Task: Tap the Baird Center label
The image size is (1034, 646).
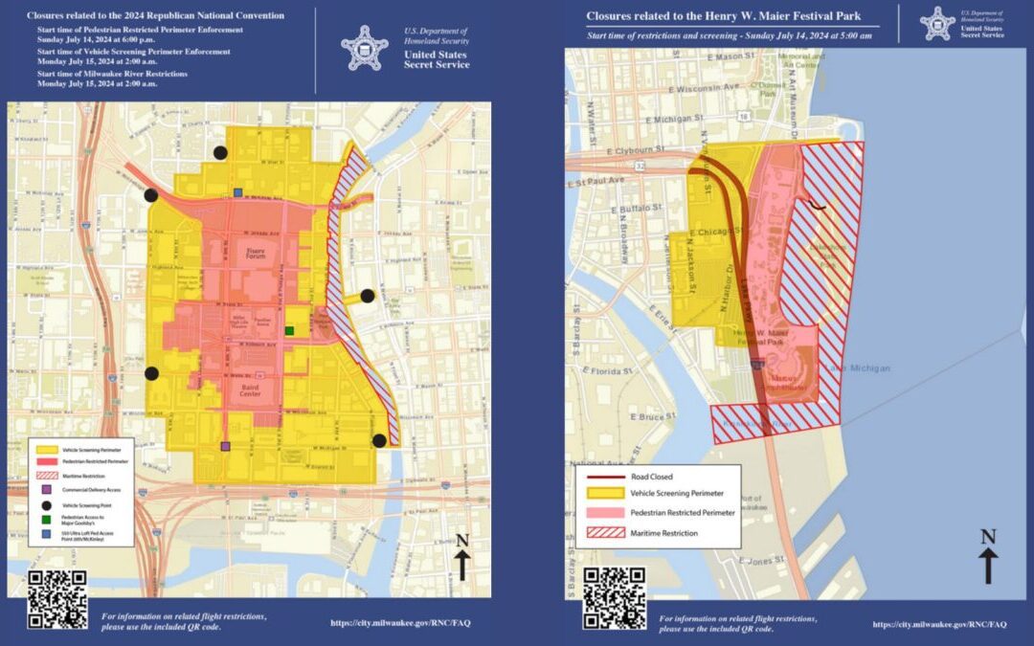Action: [x=250, y=390]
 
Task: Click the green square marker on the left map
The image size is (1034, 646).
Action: [x=289, y=331]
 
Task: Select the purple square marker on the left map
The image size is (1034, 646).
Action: [x=226, y=446]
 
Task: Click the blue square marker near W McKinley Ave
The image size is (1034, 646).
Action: [x=237, y=192]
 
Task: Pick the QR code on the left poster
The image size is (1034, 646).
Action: [x=56, y=599]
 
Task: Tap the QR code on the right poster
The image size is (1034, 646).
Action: [x=614, y=599]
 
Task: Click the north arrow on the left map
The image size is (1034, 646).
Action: [x=462, y=557]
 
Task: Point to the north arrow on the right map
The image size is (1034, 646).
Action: [x=990, y=555]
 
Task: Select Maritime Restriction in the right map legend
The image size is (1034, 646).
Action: [x=664, y=533]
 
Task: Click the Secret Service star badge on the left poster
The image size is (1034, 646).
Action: [x=366, y=48]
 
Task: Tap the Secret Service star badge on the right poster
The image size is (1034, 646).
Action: [x=935, y=23]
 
